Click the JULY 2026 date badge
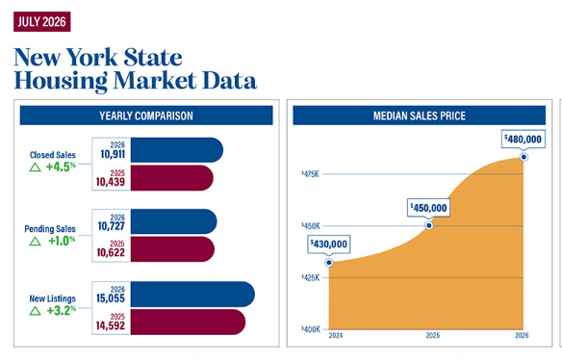[x=42, y=21]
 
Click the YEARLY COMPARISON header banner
[x=146, y=116]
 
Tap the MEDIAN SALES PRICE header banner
[x=419, y=116]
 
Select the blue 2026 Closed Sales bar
[x=177, y=150]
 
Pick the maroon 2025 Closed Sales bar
[x=171, y=178]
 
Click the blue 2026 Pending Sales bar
[x=173, y=221]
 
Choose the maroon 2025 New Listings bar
[x=188, y=322]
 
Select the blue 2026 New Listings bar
[x=192, y=295]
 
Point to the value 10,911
[x=113, y=154]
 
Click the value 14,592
[x=111, y=325]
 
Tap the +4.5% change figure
[x=61, y=167]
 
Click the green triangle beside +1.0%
[x=35, y=242]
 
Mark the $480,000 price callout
[x=524, y=139]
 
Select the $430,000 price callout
[x=329, y=244]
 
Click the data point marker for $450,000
[x=428, y=225]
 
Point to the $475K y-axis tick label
[x=310, y=174]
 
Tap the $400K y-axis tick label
[x=311, y=329]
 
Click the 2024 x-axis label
[x=336, y=336]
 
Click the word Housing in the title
[x=61, y=82]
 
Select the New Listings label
[x=52, y=298]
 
